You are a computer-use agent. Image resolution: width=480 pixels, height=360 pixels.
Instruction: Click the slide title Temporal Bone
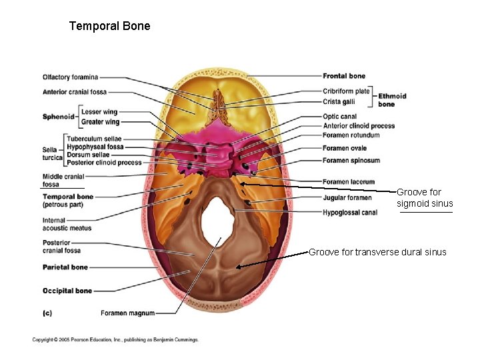(x=110, y=27)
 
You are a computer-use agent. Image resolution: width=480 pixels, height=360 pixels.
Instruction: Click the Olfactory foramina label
(x=70, y=77)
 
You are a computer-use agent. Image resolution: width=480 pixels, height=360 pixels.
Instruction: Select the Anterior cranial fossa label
(x=74, y=92)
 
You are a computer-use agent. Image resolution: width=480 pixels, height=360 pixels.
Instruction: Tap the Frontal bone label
(x=344, y=76)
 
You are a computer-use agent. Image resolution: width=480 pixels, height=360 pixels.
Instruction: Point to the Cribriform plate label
(x=346, y=91)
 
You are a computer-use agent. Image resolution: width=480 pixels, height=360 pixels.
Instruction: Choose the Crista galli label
(x=339, y=102)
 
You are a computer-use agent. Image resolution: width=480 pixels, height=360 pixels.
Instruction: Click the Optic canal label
(x=339, y=117)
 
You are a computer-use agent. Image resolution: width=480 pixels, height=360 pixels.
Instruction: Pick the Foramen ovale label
(x=345, y=149)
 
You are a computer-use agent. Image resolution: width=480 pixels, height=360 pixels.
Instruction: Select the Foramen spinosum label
(x=351, y=161)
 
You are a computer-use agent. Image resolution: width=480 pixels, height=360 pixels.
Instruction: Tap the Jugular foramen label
(x=347, y=198)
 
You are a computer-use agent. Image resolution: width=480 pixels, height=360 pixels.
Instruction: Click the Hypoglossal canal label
(x=349, y=213)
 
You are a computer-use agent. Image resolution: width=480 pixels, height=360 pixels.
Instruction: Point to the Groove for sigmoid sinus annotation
(x=424, y=198)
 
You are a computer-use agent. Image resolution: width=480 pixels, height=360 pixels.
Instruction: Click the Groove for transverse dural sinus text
(x=377, y=252)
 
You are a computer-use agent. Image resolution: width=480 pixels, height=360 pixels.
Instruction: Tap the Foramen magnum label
(x=127, y=313)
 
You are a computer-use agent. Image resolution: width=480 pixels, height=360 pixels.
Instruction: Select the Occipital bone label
(x=67, y=291)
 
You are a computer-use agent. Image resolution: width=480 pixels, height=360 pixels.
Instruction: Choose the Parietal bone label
(x=65, y=267)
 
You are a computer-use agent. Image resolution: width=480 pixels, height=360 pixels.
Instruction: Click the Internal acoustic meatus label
(x=67, y=224)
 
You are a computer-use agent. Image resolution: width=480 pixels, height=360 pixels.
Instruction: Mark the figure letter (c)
(x=47, y=312)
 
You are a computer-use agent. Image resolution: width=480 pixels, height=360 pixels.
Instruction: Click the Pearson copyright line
(x=115, y=340)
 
